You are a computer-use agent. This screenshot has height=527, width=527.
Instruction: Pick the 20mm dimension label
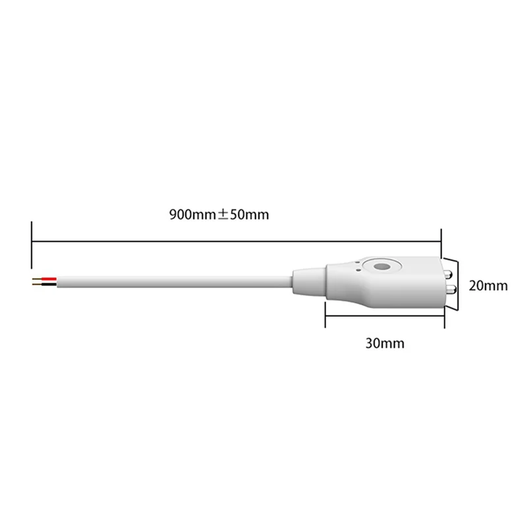point(488,286)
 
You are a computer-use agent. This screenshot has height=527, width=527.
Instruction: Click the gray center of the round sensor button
point(380,267)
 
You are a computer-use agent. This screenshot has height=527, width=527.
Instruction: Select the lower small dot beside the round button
point(356,269)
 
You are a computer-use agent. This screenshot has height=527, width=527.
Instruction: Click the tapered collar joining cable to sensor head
point(308,280)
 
